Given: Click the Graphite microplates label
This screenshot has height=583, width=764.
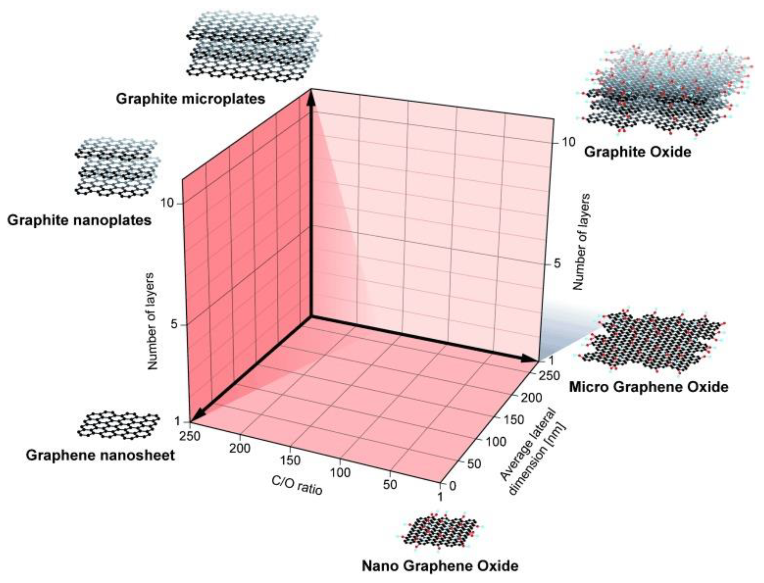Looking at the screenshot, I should point(190,99).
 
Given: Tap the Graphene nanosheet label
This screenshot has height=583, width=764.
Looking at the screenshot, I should point(100,455).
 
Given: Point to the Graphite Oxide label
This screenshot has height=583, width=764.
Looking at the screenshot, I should point(638,152).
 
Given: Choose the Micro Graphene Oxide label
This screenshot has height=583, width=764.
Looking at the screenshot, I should point(648,387).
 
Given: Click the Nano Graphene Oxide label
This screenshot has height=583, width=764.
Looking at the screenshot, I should point(440,566).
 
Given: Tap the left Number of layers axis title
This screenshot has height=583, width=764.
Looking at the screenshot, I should point(152,321).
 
